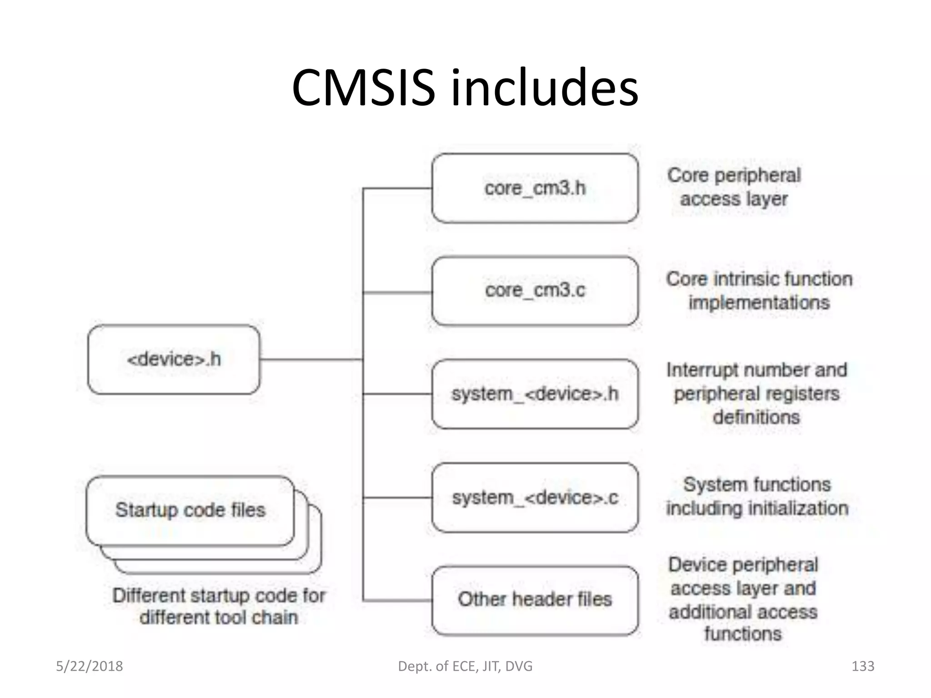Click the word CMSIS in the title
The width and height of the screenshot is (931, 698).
(x=363, y=87)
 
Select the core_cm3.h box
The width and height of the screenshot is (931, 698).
(x=535, y=188)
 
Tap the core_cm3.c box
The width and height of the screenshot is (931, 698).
(x=535, y=291)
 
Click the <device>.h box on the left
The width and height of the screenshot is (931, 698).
(x=174, y=359)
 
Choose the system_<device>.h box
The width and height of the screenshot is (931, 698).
(x=535, y=394)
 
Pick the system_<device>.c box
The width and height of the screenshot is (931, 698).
(x=535, y=498)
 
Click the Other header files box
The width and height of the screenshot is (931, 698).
(x=535, y=600)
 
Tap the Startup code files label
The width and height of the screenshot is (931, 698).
(x=190, y=510)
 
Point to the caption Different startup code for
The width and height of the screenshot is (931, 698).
(x=219, y=595)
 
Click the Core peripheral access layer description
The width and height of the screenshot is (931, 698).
(x=734, y=187)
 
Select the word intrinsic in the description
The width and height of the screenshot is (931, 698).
(x=746, y=279)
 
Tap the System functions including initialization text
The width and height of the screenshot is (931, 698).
(x=757, y=496)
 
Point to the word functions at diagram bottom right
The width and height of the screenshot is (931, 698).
(x=743, y=634)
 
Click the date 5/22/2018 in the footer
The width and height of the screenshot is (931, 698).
(x=89, y=666)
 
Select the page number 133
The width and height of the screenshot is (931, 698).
(x=862, y=666)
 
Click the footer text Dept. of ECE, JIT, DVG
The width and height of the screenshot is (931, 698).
(x=465, y=666)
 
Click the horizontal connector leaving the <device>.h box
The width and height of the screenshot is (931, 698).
(x=311, y=359)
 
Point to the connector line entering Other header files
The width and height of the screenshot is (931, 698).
(x=398, y=601)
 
